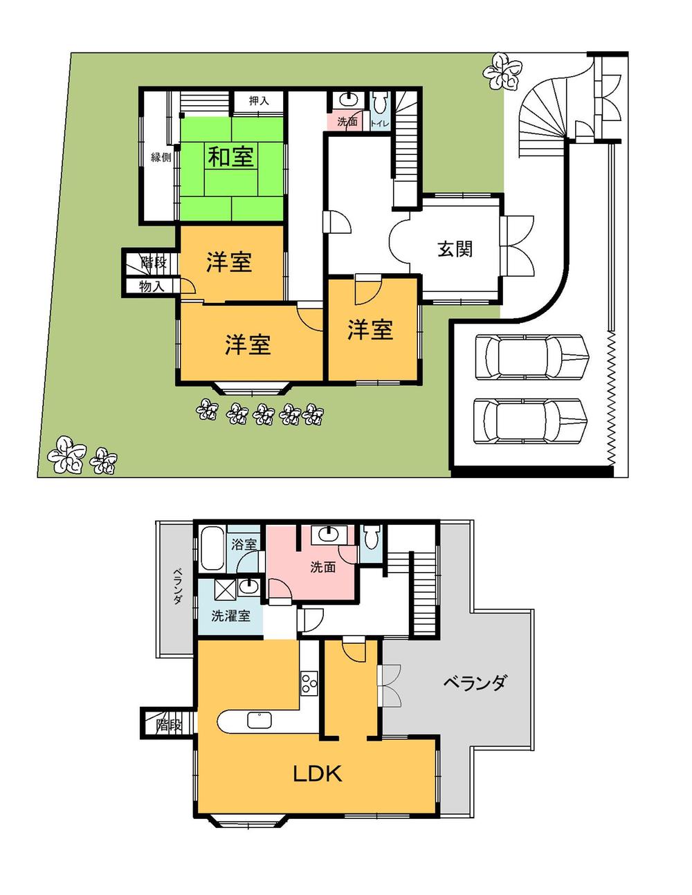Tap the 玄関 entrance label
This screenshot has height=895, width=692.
455,248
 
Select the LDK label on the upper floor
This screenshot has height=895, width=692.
318,773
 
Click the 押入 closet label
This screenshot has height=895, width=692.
259,101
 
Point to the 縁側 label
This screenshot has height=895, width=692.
161,157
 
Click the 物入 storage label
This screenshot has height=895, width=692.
151,286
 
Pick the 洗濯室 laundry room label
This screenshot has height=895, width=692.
230,616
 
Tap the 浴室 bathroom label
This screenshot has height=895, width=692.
244,544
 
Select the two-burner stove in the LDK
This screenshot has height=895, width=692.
309,682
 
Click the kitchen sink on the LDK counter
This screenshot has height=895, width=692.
259,721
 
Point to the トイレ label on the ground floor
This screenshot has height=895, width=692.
380,123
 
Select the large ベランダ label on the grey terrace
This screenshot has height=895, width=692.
475,683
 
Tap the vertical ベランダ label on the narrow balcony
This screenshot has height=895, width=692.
178,586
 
